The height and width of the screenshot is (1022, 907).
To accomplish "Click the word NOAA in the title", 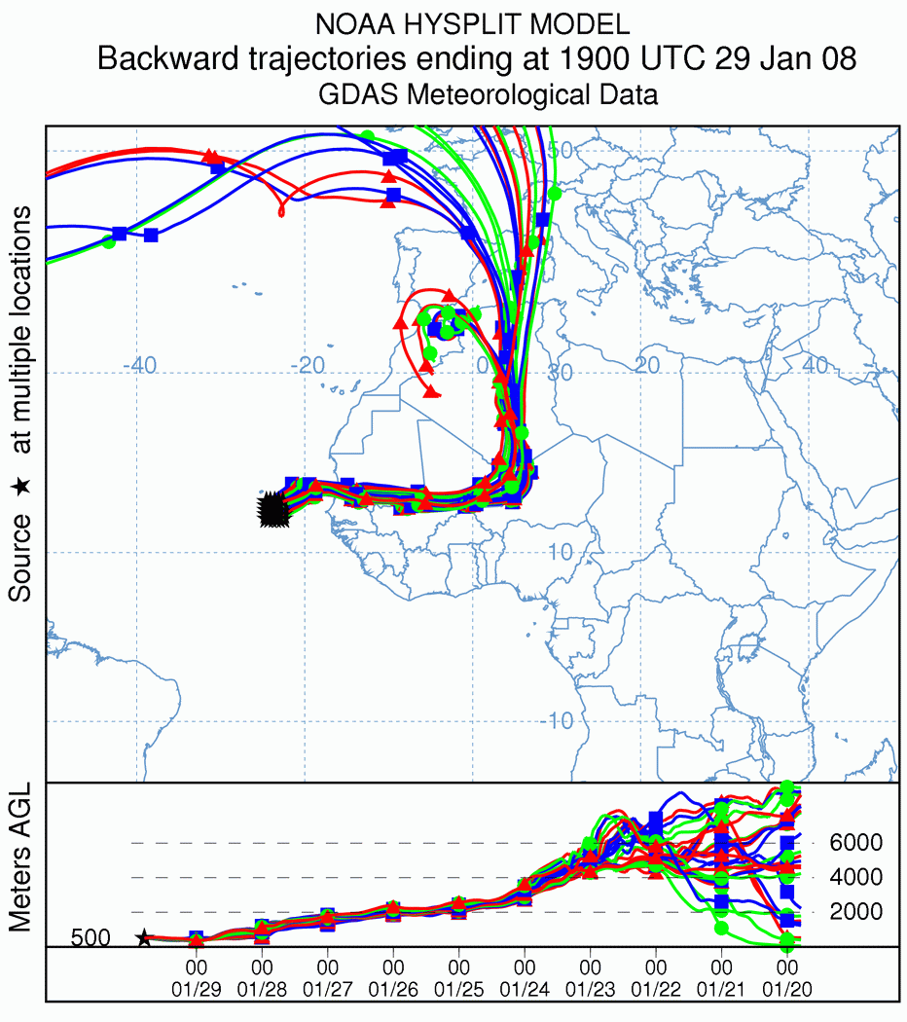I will point(353,24).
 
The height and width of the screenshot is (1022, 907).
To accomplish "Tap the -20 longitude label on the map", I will point(308,366).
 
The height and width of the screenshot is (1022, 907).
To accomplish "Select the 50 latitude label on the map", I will point(560,149).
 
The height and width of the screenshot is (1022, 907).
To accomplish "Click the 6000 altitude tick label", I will point(854,843).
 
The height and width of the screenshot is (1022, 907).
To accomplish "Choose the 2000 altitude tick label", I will point(854,912).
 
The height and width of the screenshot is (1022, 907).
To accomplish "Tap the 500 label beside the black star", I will point(91,938).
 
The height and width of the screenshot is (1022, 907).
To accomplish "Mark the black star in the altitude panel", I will point(144,937).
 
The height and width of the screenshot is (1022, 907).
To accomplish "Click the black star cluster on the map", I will point(272,509).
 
